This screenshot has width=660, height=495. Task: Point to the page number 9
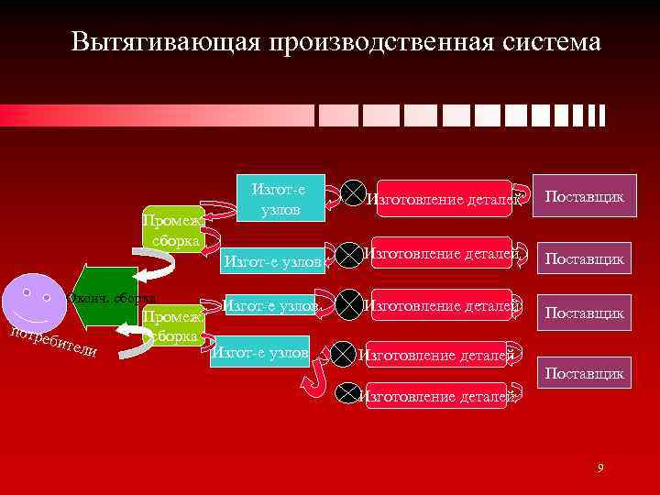click(x=599, y=468)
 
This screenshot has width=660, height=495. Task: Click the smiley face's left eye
click(x=27, y=294)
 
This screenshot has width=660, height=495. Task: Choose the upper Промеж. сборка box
click(x=174, y=230)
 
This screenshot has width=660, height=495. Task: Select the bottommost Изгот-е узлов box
click(x=259, y=353)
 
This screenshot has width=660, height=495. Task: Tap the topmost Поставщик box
click(x=585, y=197)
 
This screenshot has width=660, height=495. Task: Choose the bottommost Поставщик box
click(x=585, y=373)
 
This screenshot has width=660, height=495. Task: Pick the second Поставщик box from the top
click(x=585, y=259)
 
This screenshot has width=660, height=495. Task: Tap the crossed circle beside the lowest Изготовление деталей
click(x=346, y=394)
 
